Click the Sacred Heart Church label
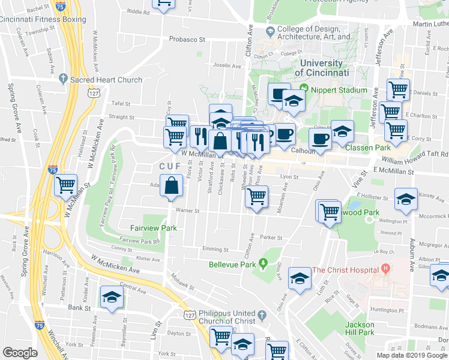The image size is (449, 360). pyautogui.click(x=106, y=80)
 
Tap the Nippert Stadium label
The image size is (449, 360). pyautogui.click(x=339, y=90)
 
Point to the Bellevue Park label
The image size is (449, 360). pyautogui.click(x=232, y=264)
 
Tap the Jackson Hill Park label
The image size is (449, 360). pyautogui.click(x=360, y=329)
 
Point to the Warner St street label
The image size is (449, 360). pyautogui.click(x=187, y=210)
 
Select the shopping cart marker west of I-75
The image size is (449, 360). pyautogui.click(x=66, y=185)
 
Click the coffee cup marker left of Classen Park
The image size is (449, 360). pyautogui.click(x=320, y=140)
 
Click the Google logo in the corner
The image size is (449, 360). pyautogui.click(x=20, y=353)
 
